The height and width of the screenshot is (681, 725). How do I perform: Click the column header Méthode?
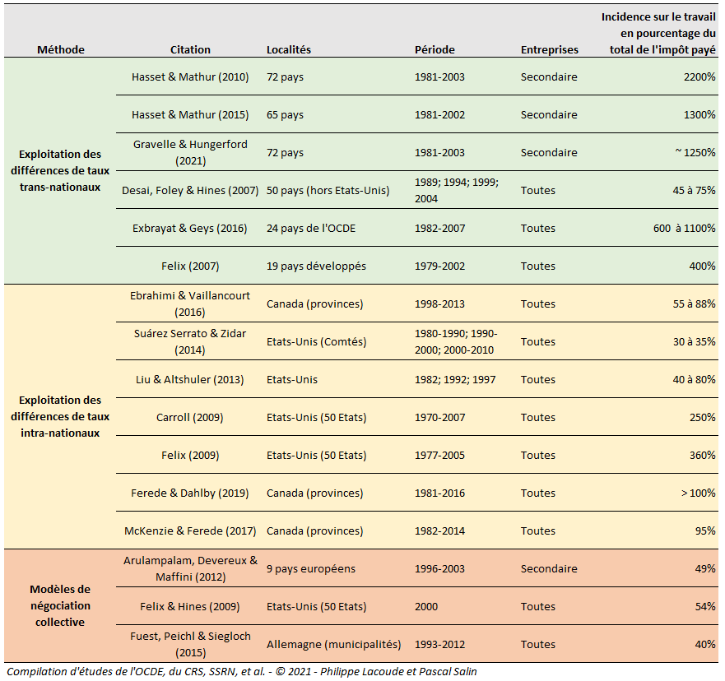tap(61, 49)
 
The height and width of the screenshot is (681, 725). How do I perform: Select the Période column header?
tap(435, 49)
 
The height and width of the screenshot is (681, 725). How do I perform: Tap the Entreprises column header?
tap(549, 49)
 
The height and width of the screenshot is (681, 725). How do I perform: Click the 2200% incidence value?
tap(699, 76)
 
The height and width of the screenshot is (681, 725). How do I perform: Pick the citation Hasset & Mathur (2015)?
tap(190, 114)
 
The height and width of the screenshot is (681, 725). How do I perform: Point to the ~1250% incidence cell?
tap(695, 152)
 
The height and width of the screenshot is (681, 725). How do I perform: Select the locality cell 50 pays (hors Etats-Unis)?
tap(328, 190)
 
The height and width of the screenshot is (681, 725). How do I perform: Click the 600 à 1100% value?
tap(685, 228)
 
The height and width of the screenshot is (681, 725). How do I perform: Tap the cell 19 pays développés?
tap(316, 266)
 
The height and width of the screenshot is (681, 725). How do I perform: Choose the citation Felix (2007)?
tap(190, 266)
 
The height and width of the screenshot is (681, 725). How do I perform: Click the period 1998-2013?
tap(439, 304)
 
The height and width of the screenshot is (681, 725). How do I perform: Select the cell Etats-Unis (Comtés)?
tap(316, 342)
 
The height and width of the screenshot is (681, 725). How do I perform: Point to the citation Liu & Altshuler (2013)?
tap(189, 380)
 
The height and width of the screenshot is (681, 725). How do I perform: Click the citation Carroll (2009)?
tap(189, 418)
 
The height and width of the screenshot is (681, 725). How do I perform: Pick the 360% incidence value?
tap(702, 456)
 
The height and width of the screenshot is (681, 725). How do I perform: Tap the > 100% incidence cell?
tap(698, 493)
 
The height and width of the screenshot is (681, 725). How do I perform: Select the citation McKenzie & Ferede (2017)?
tap(190, 531)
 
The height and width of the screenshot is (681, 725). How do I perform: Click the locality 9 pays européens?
tap(311, 569)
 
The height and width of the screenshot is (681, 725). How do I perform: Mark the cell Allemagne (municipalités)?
tap(333, 645)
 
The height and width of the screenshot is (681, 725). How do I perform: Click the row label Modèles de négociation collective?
tap(60, 605)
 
